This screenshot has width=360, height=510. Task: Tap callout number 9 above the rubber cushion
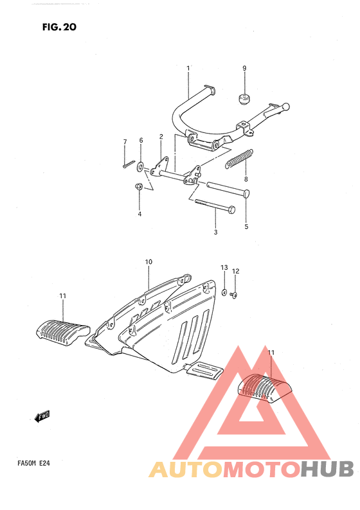click(244, 68)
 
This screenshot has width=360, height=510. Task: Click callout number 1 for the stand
click(188, 68)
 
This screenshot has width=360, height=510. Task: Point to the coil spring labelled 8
click(239, 158)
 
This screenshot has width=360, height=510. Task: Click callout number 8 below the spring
click(246, 179)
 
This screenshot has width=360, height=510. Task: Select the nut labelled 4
click(139, 187)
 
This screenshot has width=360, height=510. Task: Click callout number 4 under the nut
click(139, 214)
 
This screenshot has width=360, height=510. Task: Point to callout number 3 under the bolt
click(216, 232)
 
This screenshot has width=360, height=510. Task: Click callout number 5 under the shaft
click(246, 226)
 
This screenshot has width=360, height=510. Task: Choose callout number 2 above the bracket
click(161, 136)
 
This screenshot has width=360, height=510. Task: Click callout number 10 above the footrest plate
click(148, 262)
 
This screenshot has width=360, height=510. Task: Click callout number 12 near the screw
click(235, 272)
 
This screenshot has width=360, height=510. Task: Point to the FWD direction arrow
click(42, 418)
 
